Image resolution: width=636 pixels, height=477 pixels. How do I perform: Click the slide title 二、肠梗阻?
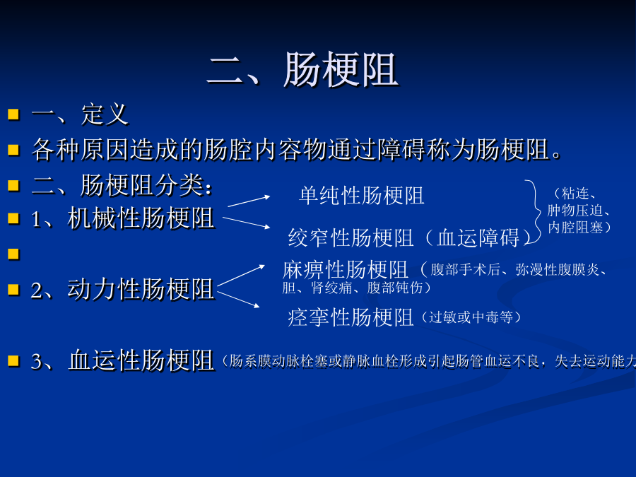click(302, 69)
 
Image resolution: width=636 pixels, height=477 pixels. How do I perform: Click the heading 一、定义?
click(80, 114)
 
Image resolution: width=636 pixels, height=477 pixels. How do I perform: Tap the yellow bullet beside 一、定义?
click(13, 114)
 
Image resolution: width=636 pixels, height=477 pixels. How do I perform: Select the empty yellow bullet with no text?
click(13, 254)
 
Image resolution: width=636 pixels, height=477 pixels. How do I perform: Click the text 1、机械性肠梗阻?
click(122, 218)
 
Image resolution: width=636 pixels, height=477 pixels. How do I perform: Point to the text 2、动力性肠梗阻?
click(122, 289)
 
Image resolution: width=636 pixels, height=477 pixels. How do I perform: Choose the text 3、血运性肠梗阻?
click(122, 360)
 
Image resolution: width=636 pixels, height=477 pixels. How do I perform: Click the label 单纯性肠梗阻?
click(362, 196)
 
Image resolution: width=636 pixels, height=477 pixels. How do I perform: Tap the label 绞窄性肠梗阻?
click(351, 237)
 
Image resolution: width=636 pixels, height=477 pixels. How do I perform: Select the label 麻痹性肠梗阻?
click(345, 270)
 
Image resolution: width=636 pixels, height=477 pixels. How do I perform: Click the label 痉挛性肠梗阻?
click(351, 317)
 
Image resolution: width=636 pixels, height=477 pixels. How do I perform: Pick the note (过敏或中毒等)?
click(471, 317)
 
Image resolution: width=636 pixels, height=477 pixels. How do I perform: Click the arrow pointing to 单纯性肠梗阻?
click(249, 201)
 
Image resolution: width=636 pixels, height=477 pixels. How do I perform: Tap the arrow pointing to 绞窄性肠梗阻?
click(247, 223)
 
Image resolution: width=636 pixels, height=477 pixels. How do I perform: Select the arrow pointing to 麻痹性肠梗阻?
click(241, 276)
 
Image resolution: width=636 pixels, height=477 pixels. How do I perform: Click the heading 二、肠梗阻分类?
click(122, 185)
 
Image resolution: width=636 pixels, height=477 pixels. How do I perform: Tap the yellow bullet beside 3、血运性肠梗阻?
click(13, 360)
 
